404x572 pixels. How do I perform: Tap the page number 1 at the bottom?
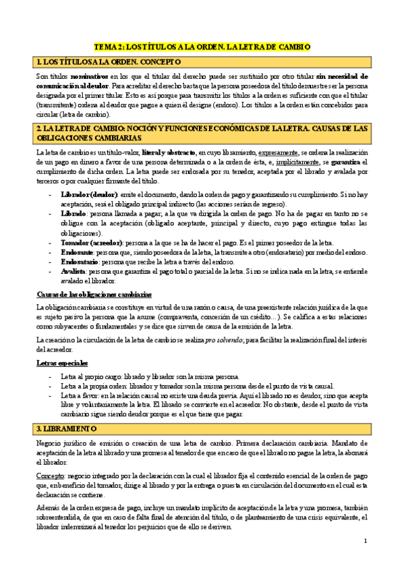[x=365, y=542]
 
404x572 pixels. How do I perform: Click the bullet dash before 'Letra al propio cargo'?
[x=52, y=376]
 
